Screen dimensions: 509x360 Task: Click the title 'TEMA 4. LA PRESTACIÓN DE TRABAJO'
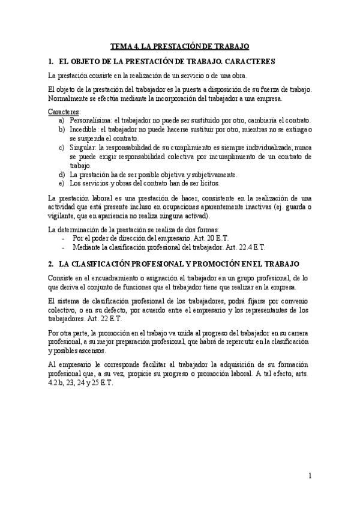click(179, 46)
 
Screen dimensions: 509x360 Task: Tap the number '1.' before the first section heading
click(50, 61)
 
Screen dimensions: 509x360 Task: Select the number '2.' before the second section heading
click(50, 264)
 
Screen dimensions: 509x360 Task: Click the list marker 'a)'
click(62, 120)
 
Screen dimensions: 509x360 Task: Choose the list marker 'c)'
click(62, 146)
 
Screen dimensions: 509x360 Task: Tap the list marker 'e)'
click(62, 182)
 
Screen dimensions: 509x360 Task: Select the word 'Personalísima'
click(90, 120)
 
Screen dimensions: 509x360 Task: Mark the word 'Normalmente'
click(67, 98)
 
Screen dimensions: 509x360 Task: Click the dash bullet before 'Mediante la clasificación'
click(63, 247)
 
